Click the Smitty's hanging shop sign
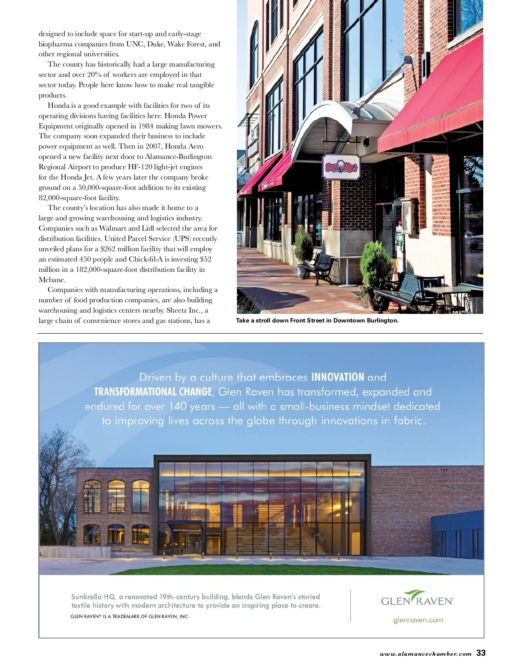click(341, 167)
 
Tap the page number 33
click(481, 653)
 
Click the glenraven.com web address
click(418, 620)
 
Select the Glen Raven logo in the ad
click(417, 599)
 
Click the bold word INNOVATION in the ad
click(337, 377)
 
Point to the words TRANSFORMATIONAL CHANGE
click(153, 392)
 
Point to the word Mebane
click(52, 280)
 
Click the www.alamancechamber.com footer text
click(425, 654)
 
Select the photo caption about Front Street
click(317, 321)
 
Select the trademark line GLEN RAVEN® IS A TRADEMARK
click(130, 617)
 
